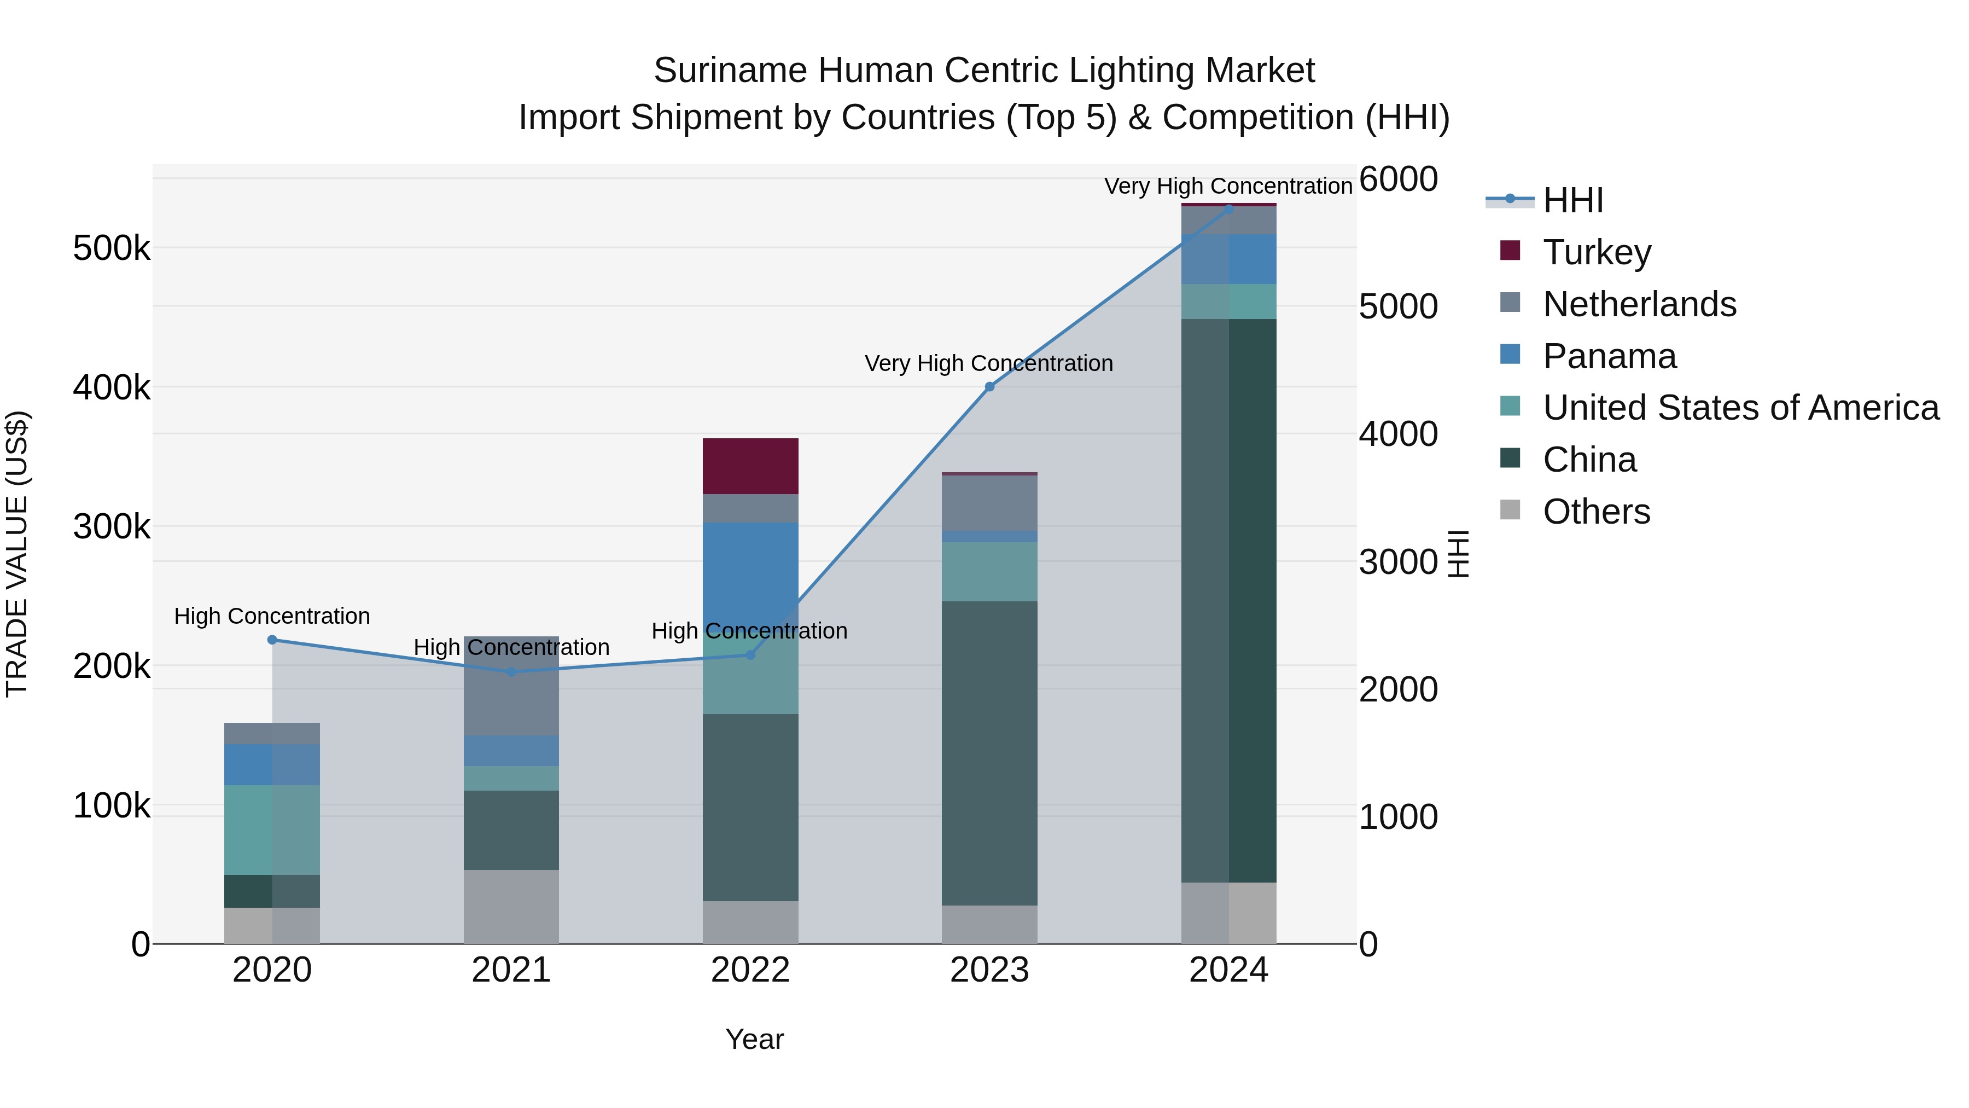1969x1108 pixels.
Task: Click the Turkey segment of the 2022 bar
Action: [750, 466]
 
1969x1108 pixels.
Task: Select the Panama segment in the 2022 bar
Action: [750, 566]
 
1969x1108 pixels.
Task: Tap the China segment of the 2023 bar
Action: [989, 753]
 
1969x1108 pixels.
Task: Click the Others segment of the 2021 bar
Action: [511, 906]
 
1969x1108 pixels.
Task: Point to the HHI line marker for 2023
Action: [989, 387]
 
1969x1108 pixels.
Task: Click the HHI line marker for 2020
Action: [272, 640]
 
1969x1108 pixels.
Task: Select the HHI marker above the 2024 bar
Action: [1228, 209]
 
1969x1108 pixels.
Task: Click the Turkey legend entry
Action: [1596, 252]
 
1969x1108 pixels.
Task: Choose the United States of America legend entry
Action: [1740, 408]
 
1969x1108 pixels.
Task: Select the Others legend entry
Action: [1595, 512]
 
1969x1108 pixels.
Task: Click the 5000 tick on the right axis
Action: [1398, 306]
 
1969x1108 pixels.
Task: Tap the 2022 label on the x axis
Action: [750, 970]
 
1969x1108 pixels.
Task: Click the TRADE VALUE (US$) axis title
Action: [17, 554]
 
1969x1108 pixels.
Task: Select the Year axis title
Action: [754, 1039]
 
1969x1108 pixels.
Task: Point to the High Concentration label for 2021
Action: [511, 647]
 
